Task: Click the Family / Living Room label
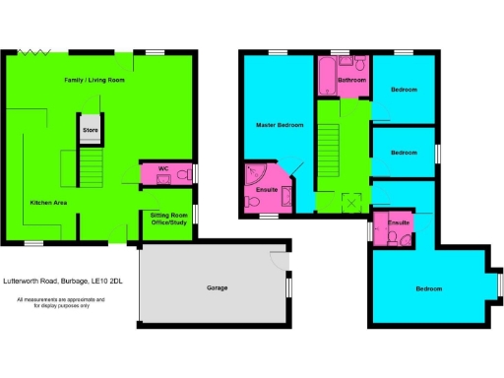pos(94,79)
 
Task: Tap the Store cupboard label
pos(91,128)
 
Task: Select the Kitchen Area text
pos(47,201)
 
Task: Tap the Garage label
pos(217,287)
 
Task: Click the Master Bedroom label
pos(278,124)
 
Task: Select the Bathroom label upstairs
pos(351,79)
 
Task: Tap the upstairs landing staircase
pos(328,157)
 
